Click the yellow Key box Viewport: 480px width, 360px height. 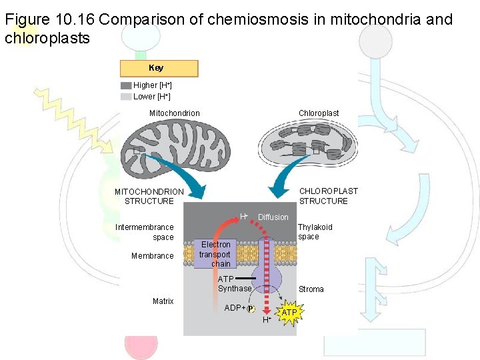pos(159,68)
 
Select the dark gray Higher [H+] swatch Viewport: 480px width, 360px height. pos(126,85)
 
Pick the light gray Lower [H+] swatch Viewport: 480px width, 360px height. pos(126,96)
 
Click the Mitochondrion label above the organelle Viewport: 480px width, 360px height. pos(174,113)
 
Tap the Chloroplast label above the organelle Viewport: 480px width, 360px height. pos(319,113)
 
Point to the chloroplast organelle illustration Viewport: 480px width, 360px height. pos(307,144)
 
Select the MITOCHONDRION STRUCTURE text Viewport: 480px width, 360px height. pos(149,196)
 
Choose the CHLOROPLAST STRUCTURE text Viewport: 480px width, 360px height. pos(328,196)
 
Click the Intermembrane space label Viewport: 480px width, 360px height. pos(145,232)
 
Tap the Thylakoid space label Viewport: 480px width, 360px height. pos(315,232)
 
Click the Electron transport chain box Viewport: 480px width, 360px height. pos(215,254)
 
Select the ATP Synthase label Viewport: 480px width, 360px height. pos(234,284)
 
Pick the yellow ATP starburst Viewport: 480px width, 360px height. pos(289,313)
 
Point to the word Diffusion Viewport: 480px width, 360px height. pos(273,217)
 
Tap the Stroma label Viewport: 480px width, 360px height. pos(311,289)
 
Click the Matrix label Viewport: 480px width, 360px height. pos(163,301)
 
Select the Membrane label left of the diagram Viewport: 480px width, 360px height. pos(153,256)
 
